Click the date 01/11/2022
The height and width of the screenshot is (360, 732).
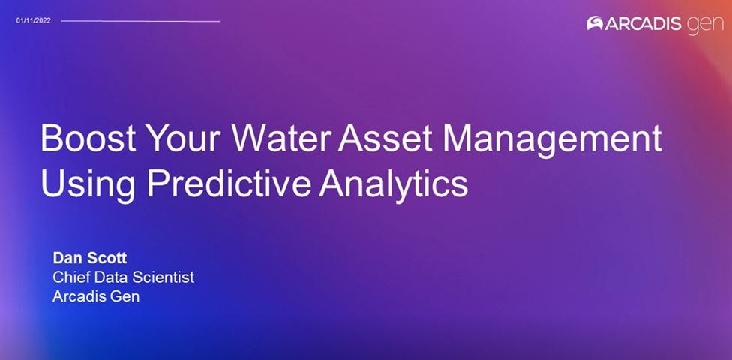pos(33,20)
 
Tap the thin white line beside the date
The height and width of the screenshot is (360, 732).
pos(140,21)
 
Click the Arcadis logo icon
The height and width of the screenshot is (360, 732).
pos(595,23)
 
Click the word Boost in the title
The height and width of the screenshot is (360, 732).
pos(88,138)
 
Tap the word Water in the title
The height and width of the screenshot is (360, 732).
pos(280,138)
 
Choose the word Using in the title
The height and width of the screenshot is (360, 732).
pos(88,185)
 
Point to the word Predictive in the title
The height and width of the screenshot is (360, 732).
pos(229,182)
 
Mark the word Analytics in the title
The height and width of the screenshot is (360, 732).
pos(394,185)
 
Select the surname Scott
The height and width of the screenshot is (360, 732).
pos(106,258)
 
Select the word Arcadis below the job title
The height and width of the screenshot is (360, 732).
pos(78,296)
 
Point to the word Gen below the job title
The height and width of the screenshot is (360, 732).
pos(124,296)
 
